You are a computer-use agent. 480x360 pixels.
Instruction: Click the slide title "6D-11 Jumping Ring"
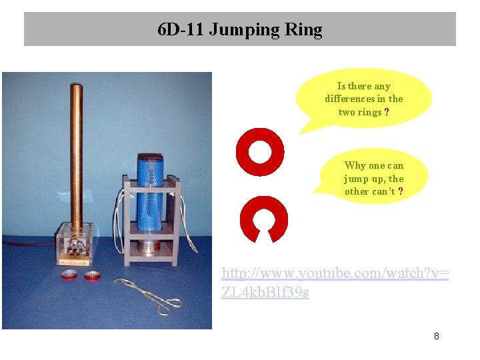coord(239,30)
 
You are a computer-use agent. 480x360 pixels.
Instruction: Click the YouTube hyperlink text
coord(334,283)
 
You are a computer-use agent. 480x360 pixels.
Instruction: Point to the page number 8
coord(436,336)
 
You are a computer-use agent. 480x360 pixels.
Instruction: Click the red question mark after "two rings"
coord(387,112)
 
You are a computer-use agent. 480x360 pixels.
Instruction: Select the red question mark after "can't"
coord(401,191)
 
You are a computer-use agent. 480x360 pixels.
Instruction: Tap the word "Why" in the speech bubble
coord(355,165)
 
